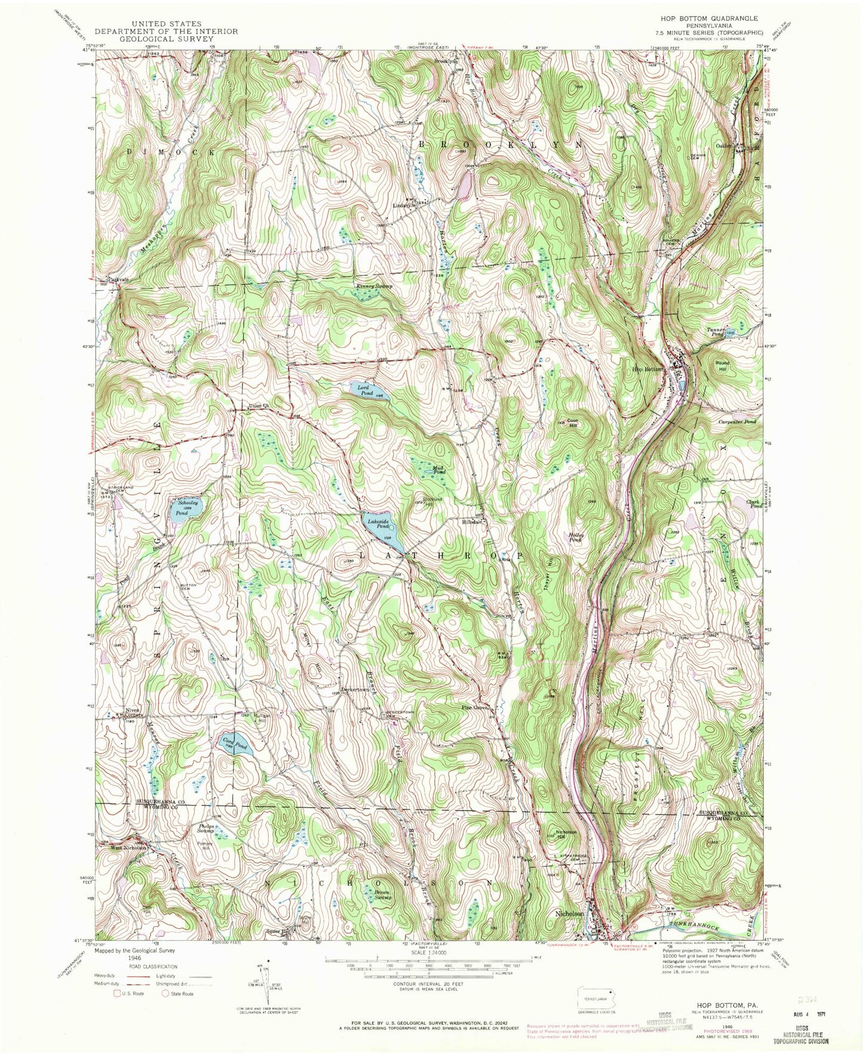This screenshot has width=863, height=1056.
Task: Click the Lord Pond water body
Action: (x=370, y=392)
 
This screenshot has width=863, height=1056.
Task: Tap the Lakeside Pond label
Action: (x=379, y=524)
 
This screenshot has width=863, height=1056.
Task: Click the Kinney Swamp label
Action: (x=375, y=287)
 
